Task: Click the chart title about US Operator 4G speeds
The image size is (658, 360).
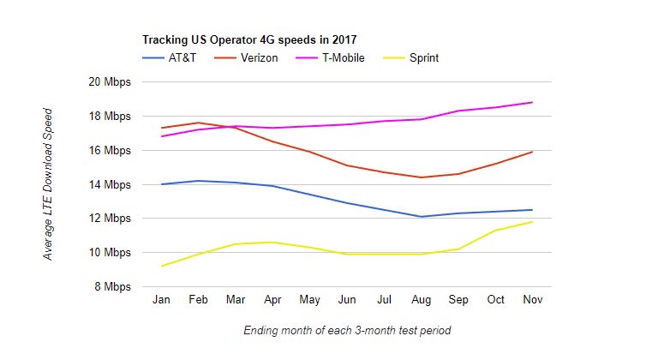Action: (x=249, y=39)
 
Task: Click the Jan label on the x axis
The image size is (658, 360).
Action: (x=161, y=300)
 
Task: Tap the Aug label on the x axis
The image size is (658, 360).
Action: (x=422, y=300)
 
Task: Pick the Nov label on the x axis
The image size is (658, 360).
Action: (x=533, y=300)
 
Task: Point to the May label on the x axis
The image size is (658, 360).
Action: (x=309, y=300)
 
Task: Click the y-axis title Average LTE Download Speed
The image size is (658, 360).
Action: (x=49, y=184)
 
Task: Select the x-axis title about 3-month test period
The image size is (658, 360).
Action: (x=346, y=330)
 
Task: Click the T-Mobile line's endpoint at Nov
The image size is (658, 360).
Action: (x=533, y=102)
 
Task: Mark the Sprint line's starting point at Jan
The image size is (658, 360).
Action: (x=161, y=266)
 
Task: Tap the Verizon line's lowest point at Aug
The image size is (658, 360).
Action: (x=422, y=177)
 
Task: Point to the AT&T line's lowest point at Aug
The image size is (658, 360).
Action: (x=422, y=217)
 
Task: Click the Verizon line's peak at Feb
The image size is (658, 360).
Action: (x=198, y=123)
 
